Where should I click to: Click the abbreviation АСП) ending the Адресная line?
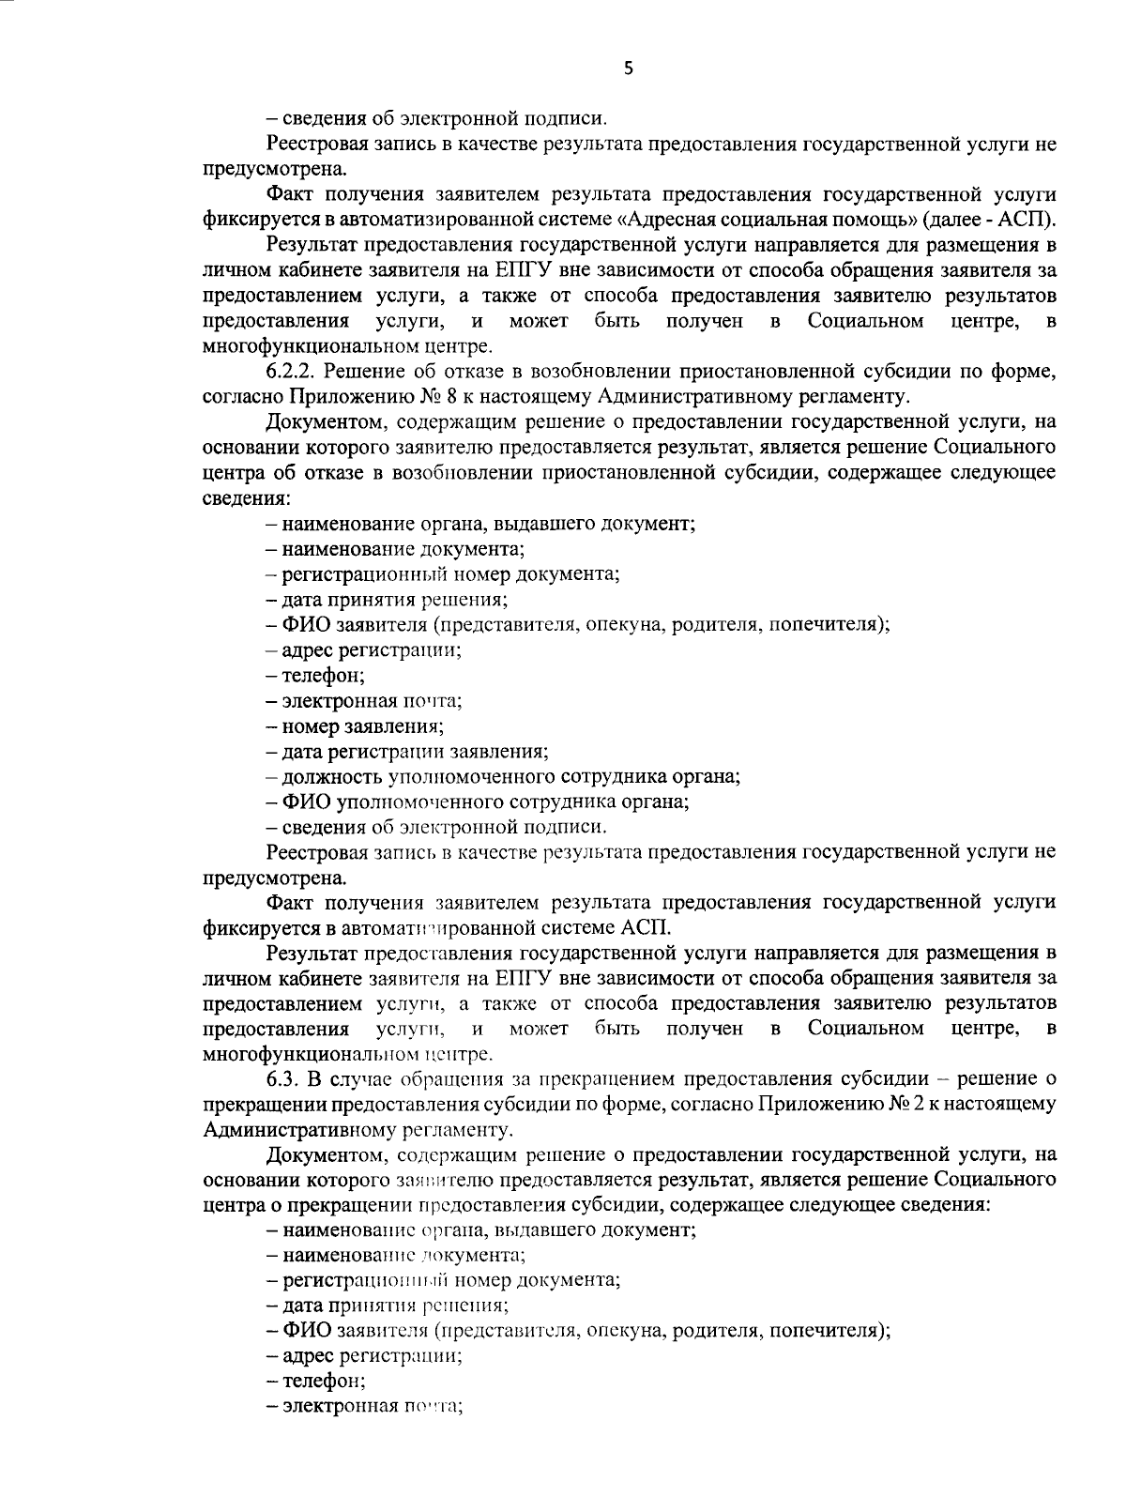pyautogui.click(x=1029, y=221)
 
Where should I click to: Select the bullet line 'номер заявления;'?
pyautogui.click(x=355, y=725)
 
